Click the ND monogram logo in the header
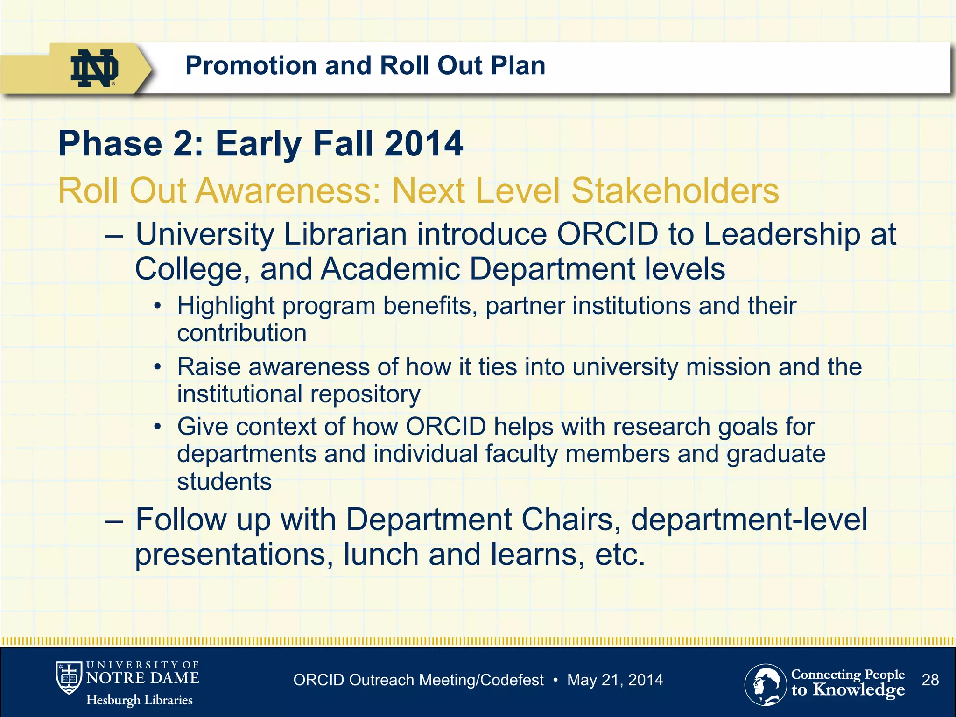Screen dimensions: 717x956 pyautogui.click(x=94, y=68)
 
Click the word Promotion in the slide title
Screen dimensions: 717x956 pyautogui.click(x=251, y=65)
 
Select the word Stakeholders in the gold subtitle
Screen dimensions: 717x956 pyautogui.click(x=675, y=191)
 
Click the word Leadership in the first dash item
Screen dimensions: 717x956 pyautogui.click(x=781, y=234)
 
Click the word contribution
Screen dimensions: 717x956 pyautogui.click(x=242, y=333)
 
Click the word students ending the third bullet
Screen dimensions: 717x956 pyautogui.click(x=224, y=481)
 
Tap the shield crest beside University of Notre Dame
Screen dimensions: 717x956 pyautogui.click(x=69, y=678)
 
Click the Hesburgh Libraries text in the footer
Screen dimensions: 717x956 pyautogui.click(x=139, y=700)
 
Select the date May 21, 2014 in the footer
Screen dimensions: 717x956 pyautogui.click(x=615, y=680)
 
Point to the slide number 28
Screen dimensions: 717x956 pyautogui.click(x=930, y=680)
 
